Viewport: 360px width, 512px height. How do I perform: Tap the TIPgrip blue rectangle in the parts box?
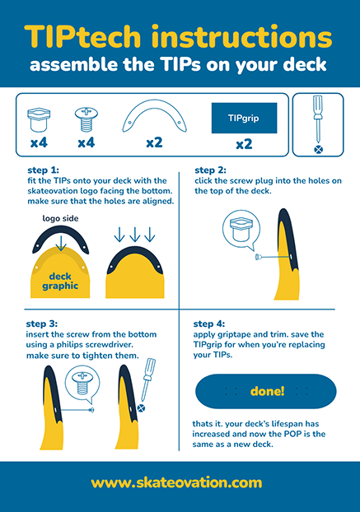[243, 119]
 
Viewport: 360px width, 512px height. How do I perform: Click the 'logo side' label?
[59, 220]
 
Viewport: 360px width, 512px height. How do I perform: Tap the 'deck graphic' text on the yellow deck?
[61, 281]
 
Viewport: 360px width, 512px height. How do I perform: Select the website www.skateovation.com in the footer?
[180, 482]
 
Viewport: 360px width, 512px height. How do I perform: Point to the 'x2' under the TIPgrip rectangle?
[243, 144]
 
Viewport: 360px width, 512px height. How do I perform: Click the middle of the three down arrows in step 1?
[134, 235]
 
